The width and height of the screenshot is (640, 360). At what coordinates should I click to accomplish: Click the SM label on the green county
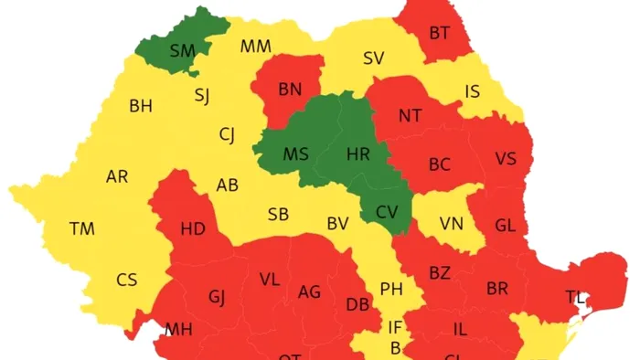183,51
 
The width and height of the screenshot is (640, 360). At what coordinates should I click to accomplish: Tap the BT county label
440,33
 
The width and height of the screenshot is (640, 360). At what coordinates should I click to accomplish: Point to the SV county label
373,58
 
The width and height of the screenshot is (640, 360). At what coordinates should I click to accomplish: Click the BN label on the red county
290,89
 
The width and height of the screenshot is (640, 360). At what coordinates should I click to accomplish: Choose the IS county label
472,91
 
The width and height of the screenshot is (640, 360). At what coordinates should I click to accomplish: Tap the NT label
410,116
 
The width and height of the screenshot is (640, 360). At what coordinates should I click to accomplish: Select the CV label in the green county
387,212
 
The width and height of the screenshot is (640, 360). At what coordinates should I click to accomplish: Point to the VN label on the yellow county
451,223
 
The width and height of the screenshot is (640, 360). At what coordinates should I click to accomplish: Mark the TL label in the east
575,296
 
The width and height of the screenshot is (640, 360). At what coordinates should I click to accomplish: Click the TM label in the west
82,228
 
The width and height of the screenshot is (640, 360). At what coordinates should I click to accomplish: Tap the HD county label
193,228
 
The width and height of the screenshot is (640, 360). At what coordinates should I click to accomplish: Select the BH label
141,107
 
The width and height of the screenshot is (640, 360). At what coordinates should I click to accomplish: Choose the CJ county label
226,135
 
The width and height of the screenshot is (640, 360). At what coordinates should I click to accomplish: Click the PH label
391,290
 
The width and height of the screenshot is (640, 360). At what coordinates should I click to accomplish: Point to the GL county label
505,225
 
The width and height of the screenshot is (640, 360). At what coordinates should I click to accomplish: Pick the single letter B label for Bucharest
395,347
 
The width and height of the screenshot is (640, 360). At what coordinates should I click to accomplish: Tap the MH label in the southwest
179,329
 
